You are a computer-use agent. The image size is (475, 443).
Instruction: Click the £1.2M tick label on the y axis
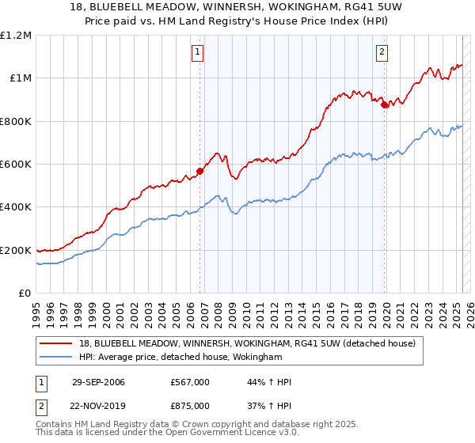(16, 36)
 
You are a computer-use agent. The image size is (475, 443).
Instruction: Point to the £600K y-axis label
(16, 165)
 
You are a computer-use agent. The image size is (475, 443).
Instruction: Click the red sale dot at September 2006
(200, 171)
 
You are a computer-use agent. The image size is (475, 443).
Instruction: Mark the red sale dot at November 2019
(385, 104)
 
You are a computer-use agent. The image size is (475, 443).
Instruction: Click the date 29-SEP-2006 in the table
(98, 382)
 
